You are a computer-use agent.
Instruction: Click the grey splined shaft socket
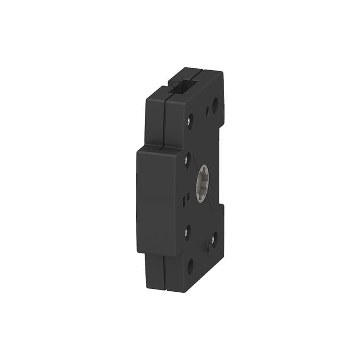[203, 183]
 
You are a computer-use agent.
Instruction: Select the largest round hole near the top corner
[215, 104]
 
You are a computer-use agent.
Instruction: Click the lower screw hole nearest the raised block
[188, 232]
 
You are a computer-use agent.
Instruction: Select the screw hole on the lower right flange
[214, 238]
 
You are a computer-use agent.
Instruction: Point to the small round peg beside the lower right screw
[208, 246]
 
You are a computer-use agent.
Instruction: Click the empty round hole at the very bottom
[191, 265]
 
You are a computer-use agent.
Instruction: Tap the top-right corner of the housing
[223, 72]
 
